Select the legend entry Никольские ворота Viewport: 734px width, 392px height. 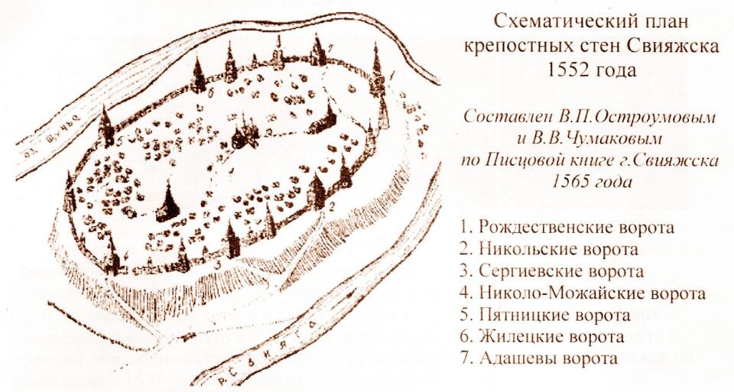tap(560, 249)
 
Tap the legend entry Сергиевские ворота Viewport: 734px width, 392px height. tap(562, 271)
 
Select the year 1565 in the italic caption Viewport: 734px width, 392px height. tap(567, 182)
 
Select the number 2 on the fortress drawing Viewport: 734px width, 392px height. tap(332, 206)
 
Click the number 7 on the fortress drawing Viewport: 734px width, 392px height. tap(330, 48)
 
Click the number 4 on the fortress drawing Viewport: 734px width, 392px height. tap(125, 255)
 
